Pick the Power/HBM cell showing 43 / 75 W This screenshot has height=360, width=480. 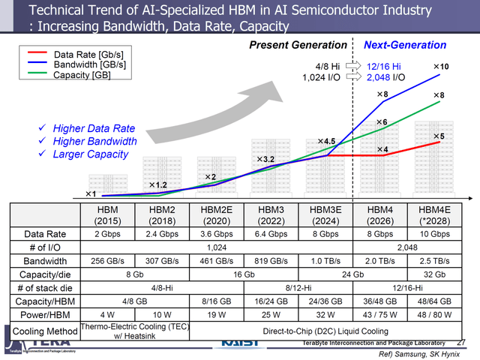pos(380,315)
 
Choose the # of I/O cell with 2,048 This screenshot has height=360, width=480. pos(407,247)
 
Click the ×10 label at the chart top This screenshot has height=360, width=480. pos(442,67)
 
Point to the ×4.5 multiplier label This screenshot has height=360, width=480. pos(325,141)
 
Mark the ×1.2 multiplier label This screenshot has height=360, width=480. pos(157,184)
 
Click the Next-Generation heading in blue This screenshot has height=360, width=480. pos(404,46)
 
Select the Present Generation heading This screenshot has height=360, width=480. pos(298,46)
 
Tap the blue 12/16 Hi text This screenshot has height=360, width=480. pos(383,66)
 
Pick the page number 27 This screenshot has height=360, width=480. pos(461,342)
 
